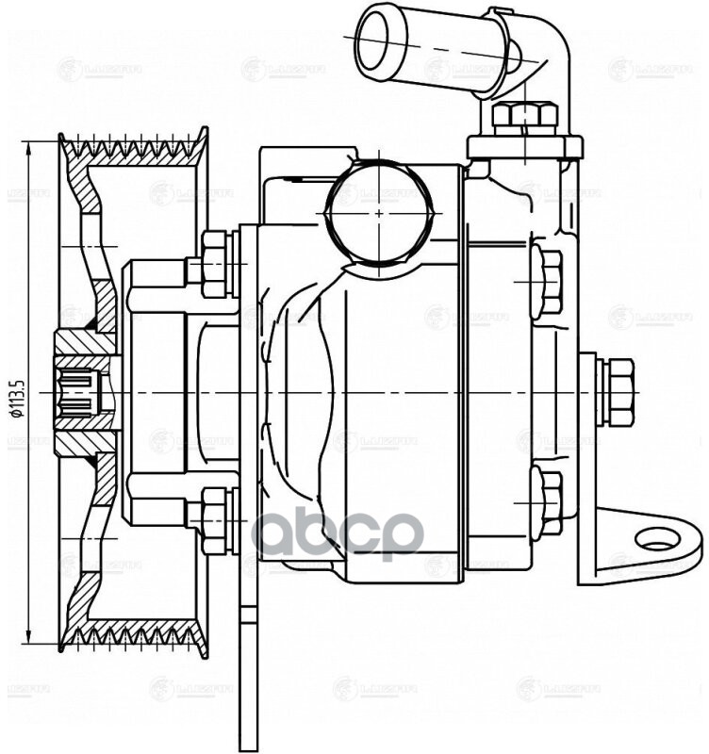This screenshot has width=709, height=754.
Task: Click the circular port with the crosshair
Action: (x=379, y=213)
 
